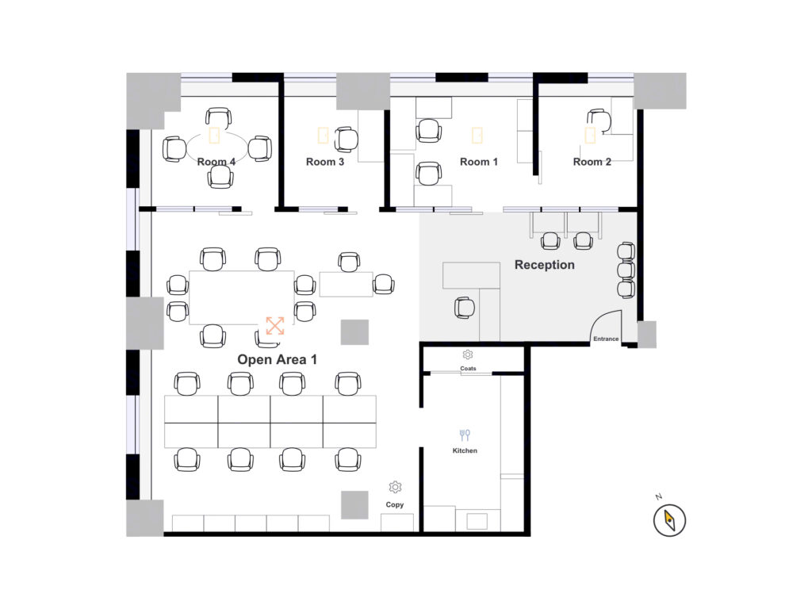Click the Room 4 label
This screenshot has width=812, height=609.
click(216, 162)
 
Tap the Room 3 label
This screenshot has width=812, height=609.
click(324, 162)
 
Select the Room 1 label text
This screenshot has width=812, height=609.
click(478, 162)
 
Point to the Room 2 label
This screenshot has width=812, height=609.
click(592, 162)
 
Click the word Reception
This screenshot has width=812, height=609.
click(544, 265)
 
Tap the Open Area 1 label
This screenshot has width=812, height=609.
click(277, 359)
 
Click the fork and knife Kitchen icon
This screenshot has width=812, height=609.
click(465, 435)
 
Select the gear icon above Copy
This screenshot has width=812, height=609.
click(395, 487)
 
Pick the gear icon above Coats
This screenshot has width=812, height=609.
click(468, 354)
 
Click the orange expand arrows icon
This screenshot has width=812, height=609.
click(275, 326)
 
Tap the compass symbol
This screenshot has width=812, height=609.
click(669, 520)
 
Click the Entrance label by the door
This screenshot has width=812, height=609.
click(606, 339)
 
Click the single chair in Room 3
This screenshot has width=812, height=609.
click(346, 140)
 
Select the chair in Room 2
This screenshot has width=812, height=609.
click(599, 121)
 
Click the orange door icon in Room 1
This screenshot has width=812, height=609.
click(477, 135)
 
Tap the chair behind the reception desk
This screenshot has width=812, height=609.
click(465, 308)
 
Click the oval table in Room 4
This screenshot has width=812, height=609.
click(216, 147)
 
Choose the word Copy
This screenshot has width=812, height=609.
click(395, 504)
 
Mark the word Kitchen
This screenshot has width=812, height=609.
click(465, 450)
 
